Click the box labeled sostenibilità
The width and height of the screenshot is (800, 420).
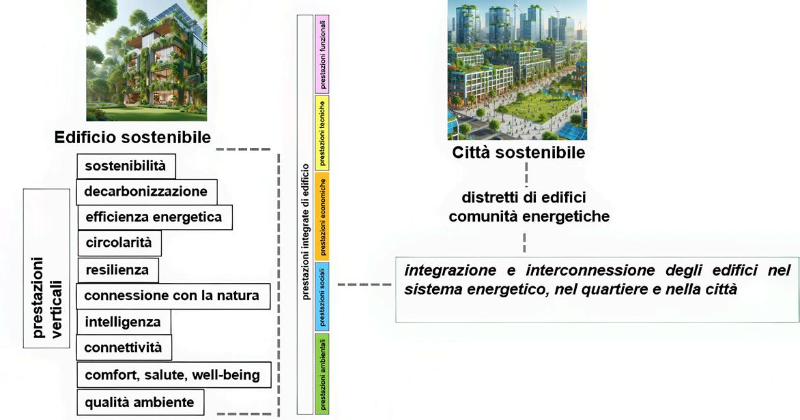126,166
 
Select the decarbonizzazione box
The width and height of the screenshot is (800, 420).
146,192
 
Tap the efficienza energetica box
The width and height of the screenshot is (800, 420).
154,217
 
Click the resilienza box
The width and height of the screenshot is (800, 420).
117,270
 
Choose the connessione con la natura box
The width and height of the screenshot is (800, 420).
172,296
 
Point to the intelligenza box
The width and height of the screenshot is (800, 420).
123,322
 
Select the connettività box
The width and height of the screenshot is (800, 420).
124,348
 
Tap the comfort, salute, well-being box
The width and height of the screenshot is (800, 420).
172,375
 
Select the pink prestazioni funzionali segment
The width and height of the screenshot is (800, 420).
322,55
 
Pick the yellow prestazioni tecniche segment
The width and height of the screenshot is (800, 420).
322,132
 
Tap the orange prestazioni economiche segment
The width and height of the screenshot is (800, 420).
322,215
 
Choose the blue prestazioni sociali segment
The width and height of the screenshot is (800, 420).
322,297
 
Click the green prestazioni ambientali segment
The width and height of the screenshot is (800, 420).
322,373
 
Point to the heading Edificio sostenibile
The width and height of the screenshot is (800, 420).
132,138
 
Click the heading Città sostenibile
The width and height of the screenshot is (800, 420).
518,152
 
